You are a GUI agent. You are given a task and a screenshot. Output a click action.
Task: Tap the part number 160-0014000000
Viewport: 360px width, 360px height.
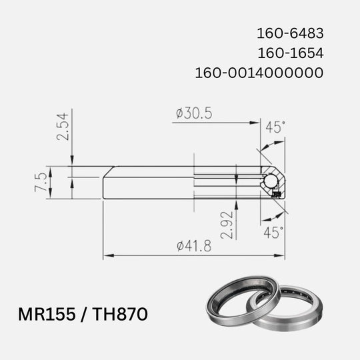(x=260, y=71)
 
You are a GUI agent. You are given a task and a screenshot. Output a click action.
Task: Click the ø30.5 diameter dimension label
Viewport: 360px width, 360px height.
(x=194, y=114)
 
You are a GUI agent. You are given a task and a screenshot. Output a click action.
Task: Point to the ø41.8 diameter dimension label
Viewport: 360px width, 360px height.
(x=194, y=246)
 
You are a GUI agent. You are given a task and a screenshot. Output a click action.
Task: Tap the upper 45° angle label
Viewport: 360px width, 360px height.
(x=275, y=127)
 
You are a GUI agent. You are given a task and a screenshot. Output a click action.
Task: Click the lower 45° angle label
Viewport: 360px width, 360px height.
(x=273, y=232)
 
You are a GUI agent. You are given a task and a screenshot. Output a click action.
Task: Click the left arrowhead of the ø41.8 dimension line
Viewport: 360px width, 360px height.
(x=107, y=255)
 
